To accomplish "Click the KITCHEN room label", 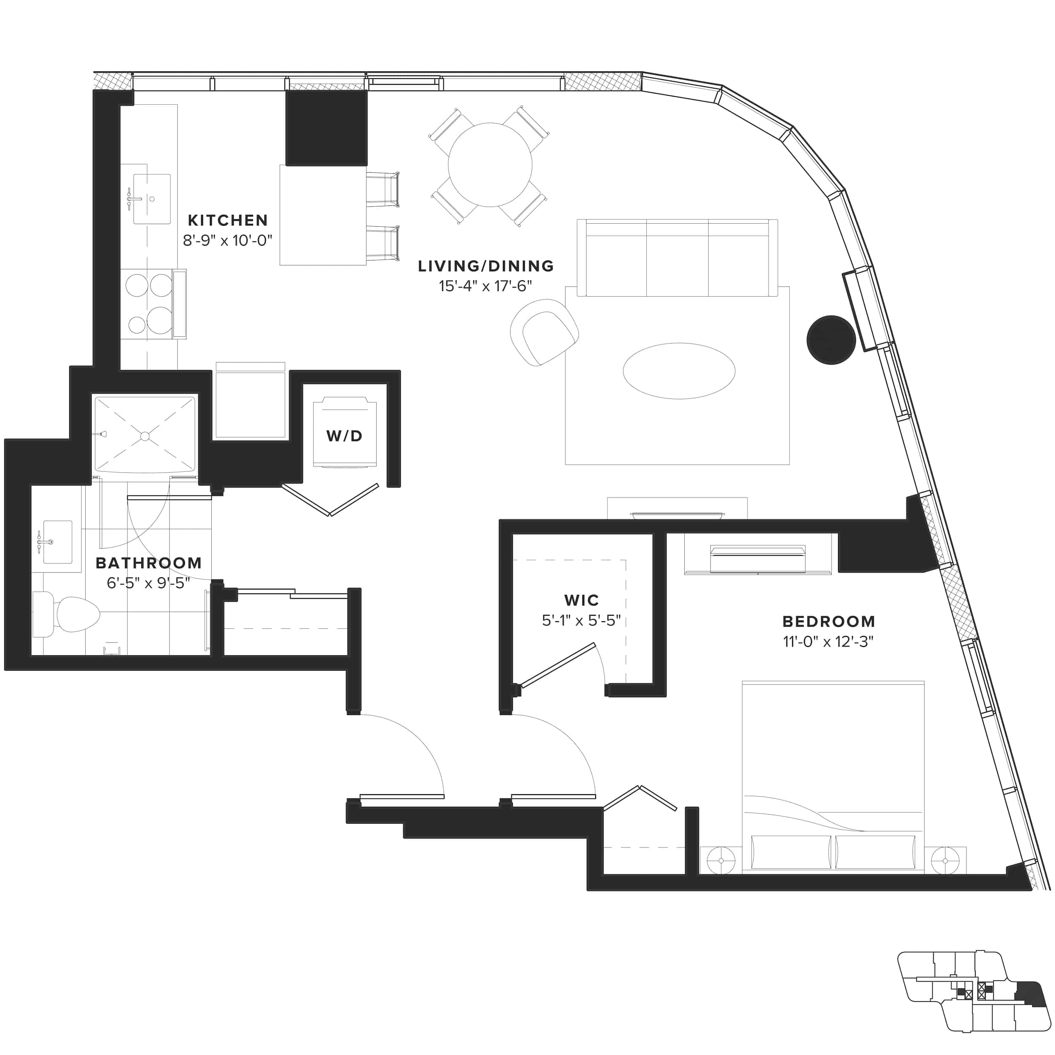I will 228,220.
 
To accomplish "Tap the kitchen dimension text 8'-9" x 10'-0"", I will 227,241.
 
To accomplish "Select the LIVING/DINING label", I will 486,266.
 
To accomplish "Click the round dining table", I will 490,165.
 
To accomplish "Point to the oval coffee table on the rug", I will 679,371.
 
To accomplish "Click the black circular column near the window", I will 831,340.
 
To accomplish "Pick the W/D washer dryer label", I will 344,436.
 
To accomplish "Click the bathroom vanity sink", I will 57,542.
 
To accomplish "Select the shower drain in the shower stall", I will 145,436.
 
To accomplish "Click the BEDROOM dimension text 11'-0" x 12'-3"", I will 828,642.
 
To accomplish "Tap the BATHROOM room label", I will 148,563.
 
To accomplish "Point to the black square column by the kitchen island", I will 326,128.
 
